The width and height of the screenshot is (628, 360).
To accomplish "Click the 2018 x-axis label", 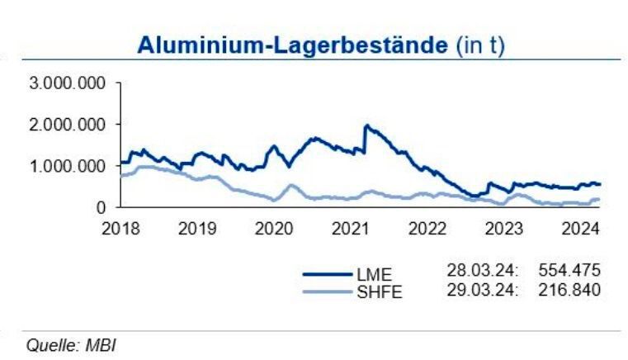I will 120,228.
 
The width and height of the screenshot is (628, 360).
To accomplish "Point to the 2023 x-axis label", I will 503,228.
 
